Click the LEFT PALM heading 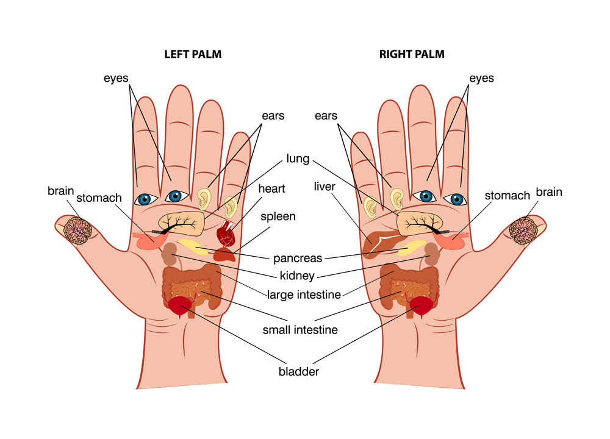click(193, 54)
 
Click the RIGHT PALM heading click(412, 54)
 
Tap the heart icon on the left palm click(226, 233)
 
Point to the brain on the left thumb click(78, 230)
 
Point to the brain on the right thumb click(523, 231)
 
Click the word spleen click(278, 216)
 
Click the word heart click(271, 188)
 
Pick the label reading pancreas click(298, 258)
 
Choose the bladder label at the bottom click(298, 371)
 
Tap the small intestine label click(300, 330)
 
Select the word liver click(325, 187)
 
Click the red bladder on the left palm click(181, 306)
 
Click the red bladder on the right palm click(420, 306)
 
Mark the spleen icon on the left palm click(224, 255)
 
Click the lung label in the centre click(298, 159)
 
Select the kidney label click(297, 276)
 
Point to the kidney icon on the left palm click(170, 254)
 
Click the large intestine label click(304, 294)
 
